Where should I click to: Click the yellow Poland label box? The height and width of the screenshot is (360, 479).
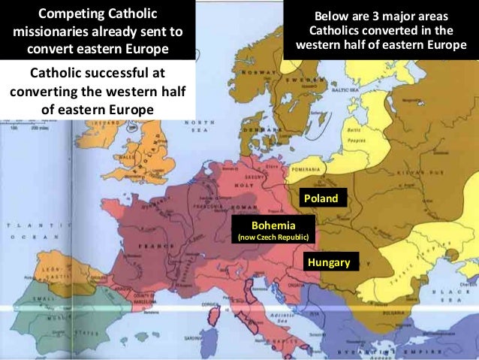321,198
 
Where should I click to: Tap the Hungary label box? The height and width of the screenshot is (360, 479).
330,262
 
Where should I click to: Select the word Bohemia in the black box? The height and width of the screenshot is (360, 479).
273,225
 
